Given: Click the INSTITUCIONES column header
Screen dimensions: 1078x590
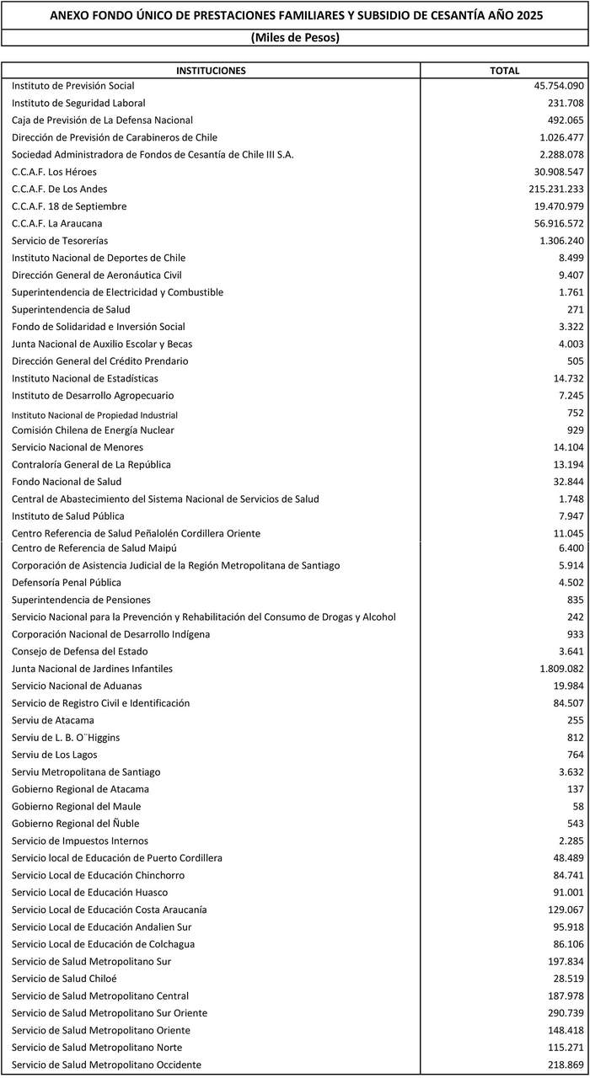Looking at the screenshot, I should pos(211,71).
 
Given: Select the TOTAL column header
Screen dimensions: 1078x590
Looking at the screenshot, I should pos(504,71).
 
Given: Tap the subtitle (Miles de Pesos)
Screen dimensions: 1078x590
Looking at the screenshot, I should pos(295,38).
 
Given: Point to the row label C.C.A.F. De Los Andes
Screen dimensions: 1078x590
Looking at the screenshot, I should pos(59,189).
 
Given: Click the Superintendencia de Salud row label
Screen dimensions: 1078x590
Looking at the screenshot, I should pos(71,309).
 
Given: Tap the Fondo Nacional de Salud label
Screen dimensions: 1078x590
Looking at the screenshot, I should pos(67,482).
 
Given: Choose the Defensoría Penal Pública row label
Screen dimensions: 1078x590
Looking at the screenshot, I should pos(67,582).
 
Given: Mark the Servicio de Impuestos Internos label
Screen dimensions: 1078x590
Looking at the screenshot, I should pos(80,841).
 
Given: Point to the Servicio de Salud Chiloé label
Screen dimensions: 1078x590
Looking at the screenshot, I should pos(64,978).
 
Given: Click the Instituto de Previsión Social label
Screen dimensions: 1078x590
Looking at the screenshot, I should pos(73,86).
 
